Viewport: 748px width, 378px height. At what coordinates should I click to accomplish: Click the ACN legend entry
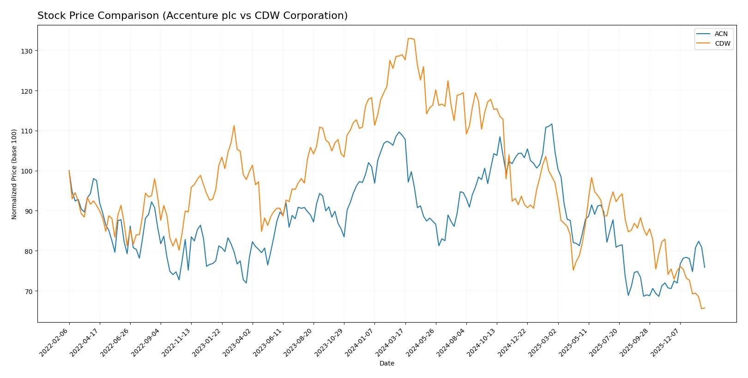click(720, 34)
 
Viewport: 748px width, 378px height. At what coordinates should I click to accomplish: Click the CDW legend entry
click(722, 43)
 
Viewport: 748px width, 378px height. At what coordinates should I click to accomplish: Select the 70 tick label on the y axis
click(28, 291)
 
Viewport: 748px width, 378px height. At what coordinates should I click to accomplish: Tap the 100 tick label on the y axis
click(26, 171)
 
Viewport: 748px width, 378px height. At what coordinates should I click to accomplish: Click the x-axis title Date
click(386, 363)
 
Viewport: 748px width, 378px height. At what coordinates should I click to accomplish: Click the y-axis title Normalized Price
click(14, 174)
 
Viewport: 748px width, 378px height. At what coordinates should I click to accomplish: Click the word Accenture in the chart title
click(189, 16)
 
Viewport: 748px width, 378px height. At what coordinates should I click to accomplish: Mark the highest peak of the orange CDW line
click(410, 38)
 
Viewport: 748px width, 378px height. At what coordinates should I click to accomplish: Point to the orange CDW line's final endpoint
click(705, 308)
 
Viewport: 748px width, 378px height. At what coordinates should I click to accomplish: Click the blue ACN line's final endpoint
click(705, 267)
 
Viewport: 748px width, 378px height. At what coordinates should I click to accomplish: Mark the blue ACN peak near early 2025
click(552, 124)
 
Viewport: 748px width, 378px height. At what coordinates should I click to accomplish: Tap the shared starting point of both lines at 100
click(69, 171)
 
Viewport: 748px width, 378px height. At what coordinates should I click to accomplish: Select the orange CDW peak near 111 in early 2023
click(234, 126)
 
